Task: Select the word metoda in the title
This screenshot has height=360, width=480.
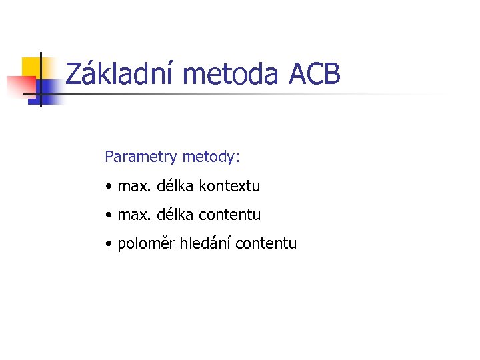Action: tap(229, 74)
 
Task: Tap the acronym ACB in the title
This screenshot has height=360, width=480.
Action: tap(315, 74)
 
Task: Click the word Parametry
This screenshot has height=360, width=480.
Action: tap(132, 158)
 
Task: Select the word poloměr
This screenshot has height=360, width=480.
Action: tap(146, 244)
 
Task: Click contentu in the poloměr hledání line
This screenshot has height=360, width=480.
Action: tap(267, 244)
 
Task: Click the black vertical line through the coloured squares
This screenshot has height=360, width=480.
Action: tap(40, 79)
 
